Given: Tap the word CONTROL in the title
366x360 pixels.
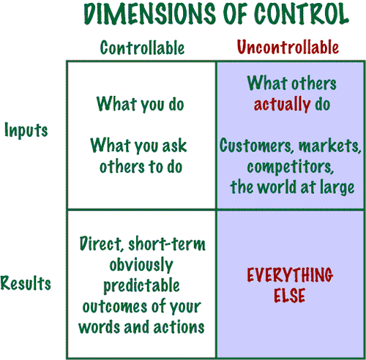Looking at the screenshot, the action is click(x=301, y=14).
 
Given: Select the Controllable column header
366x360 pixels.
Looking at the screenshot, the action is click(x=142, y=48).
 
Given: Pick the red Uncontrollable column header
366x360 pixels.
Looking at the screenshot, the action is click(x=288, y=47).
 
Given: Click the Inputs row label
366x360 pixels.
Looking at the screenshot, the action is click(x=26, y=130).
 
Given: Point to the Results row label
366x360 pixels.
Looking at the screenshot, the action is click(x=26, y=283).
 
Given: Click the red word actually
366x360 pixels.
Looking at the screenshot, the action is click(x=282, y=105).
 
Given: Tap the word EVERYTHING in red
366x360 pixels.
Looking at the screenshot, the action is click(x=290, y=274).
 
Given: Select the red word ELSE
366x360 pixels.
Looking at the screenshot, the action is click(x=289, y=295).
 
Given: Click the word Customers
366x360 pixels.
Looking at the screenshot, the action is click(x=256, y=146).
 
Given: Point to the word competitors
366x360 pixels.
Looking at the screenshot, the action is click(x=290, y=168).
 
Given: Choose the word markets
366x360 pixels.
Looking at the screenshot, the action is click(x=329, y=146).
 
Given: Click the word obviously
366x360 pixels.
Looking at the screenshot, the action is click(x=141, y=265).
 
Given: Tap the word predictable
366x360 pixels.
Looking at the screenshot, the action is click(x=141, y=286).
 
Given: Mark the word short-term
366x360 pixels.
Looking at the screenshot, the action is click(x=167, y=244).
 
